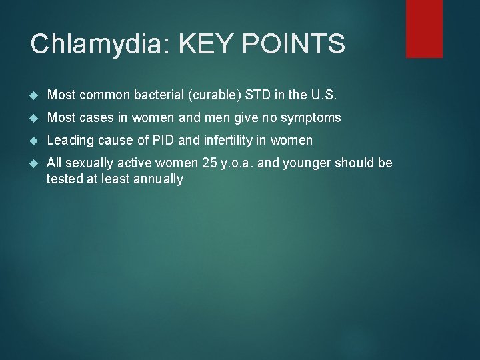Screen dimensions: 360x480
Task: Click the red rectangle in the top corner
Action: click(425, 28)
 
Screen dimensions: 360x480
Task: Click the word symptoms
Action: click(312, 118)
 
